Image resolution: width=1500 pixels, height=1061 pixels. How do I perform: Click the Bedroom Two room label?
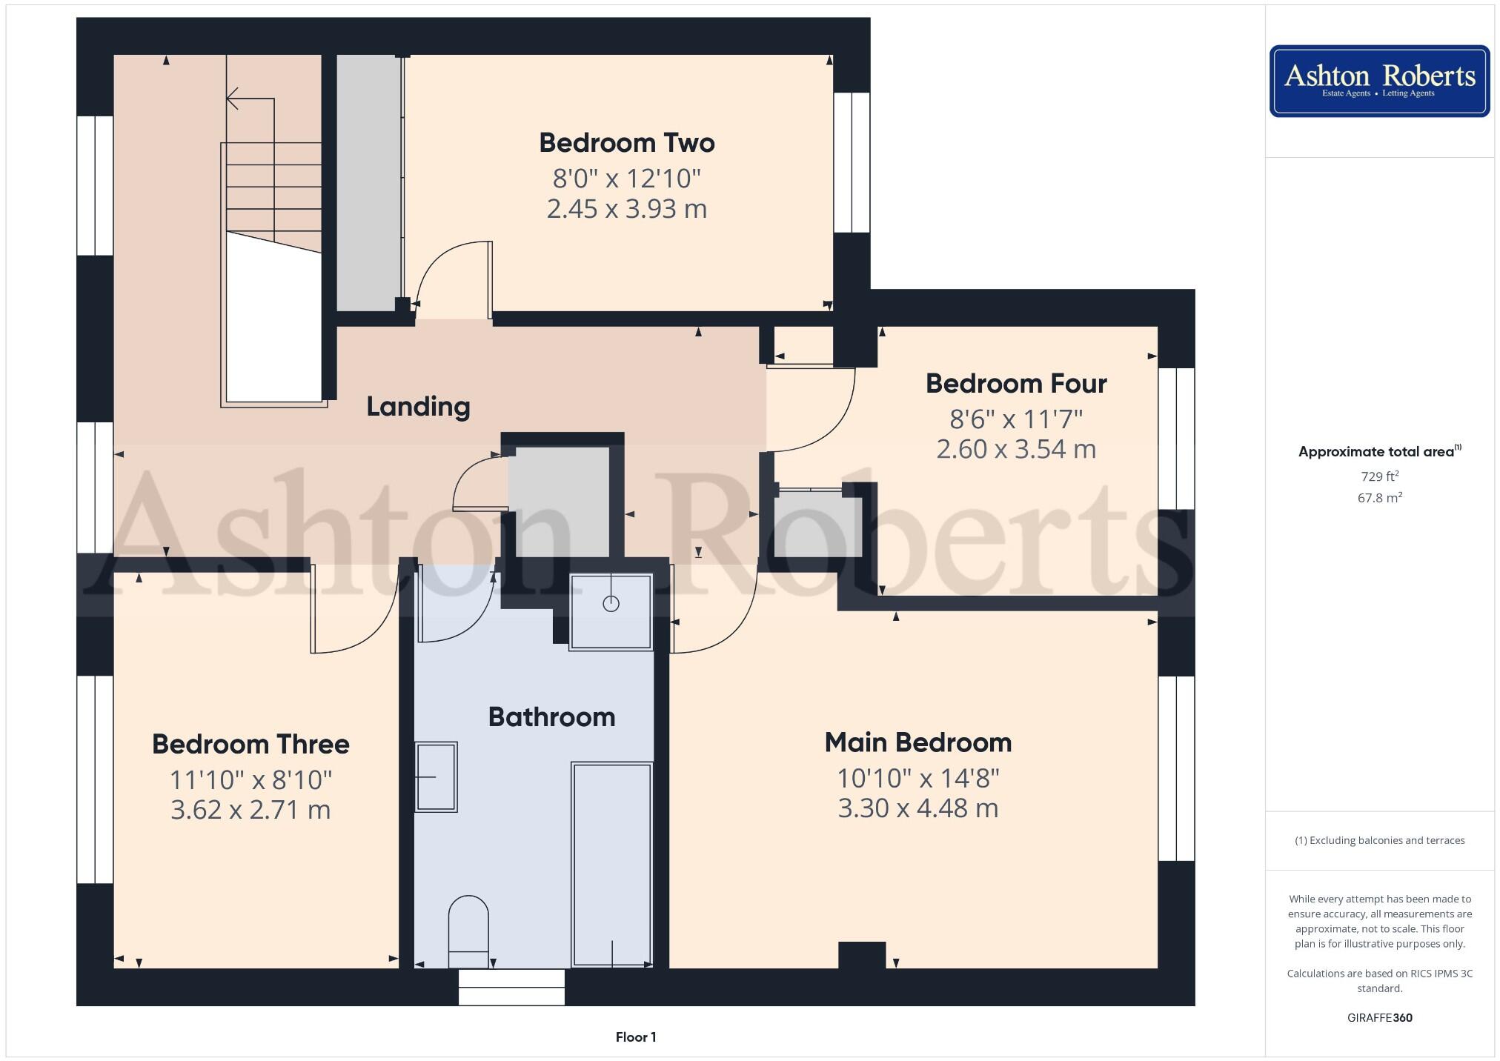[626, 143]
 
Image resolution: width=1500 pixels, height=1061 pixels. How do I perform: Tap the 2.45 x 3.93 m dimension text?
[626, 209]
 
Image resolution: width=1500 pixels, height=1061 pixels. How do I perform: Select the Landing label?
[418, 406]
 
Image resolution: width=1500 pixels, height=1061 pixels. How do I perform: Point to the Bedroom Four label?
[1016, 384]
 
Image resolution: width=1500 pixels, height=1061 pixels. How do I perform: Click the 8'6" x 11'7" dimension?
[1016, 419]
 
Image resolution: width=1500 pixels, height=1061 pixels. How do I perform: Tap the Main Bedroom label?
[917, 742]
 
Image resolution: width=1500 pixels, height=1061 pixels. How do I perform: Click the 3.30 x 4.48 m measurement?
[917, 808]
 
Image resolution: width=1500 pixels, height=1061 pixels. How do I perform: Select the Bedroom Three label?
[250, 744]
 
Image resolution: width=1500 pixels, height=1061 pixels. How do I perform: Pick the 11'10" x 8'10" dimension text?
[250, 779]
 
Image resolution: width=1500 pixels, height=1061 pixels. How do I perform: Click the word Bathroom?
[551, 717]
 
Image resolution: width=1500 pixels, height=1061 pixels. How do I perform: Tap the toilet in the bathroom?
[468, 930]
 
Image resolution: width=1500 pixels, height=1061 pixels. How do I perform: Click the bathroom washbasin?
[436, 776]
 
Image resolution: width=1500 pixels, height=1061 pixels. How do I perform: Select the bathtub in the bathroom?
[611, 863]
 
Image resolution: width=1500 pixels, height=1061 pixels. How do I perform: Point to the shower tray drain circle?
[611, 604]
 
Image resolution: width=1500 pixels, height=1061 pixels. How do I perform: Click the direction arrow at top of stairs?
[233, 98]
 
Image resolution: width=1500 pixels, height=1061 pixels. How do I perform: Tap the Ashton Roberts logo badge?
[1379, 81]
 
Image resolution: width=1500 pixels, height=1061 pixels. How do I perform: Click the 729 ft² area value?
[1379, 476]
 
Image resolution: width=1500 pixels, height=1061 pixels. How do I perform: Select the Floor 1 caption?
[635, 1037]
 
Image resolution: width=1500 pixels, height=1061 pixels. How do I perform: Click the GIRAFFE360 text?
[1379, 1017]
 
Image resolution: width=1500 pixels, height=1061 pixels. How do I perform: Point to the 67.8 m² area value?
[1379, 498]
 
